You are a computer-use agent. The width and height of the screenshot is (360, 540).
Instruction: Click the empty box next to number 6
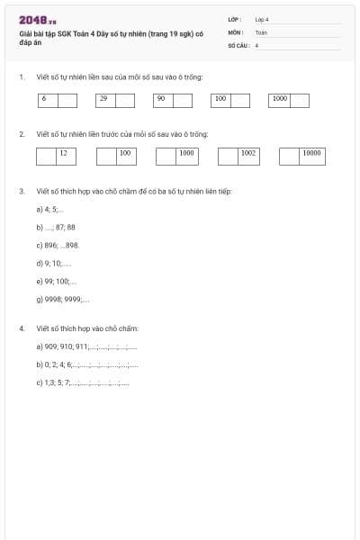[x=67, y=101]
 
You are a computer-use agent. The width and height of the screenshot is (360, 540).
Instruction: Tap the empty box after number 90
[x=183, y=101]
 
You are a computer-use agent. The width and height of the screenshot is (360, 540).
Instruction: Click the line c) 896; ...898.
[x=58, y=245]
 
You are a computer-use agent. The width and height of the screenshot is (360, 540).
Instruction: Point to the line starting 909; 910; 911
[x=86, y=346]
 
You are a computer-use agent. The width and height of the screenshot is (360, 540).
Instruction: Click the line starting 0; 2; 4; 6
[x=86, y=364]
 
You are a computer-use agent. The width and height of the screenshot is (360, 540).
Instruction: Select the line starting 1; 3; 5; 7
[x=83, y=382]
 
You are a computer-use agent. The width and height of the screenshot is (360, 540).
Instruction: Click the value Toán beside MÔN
[x=261, y=31]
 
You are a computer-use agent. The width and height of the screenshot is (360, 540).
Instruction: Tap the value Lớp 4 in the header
[x=262, y=18]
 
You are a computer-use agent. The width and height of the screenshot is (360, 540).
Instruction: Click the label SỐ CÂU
[x=237, y=44]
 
